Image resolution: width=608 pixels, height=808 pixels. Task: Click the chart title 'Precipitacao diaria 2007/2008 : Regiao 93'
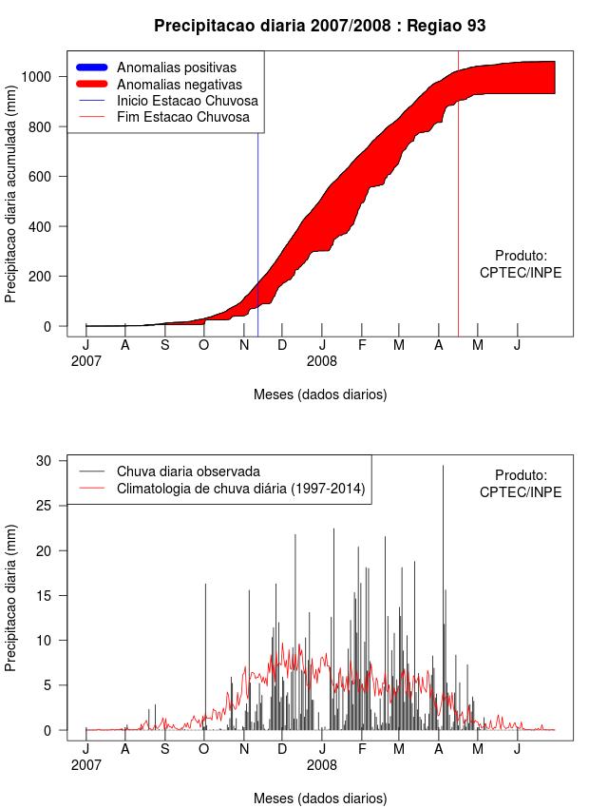pyautogui.click(x=319, y=26)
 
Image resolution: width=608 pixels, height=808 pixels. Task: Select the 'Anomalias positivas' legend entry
pyautogui.click(x=176, y=67)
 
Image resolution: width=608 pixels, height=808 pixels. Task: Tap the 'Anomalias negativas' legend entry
pyautogui.click(x=179, y=84)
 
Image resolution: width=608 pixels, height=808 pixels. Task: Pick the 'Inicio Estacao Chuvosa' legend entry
pyautogui.click(x=187, y=101)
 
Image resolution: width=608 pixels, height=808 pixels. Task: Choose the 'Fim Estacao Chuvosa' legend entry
pyautogui.click(x=182, y=117)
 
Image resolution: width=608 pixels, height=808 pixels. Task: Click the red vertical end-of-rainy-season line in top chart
pyautogui.click(x=458, y=238)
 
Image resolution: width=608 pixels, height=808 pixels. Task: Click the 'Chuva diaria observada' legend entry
pyautogui.click(x=188, y=471)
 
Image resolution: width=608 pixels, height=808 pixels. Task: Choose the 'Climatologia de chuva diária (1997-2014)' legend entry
pyautogui.click(x=240, y=489)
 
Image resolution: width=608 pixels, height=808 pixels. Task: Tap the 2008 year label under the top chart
pyautogui.click(x=322, y=361)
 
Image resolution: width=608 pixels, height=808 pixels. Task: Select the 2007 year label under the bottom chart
pyautogui.click(x=86, y=764)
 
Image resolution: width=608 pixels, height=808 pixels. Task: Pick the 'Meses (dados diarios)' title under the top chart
pyautogui.click(x=320, y=394)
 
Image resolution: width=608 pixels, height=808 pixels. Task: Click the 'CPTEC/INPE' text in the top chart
pyautogui.click(x=521, y=273)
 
